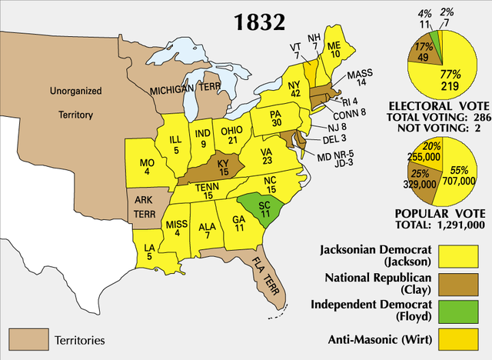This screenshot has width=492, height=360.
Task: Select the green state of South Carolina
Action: [x=257, y=208]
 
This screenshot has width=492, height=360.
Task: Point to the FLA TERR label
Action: [x=270, y=276]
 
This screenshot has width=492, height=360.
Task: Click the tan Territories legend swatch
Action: [x=28, y=338]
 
